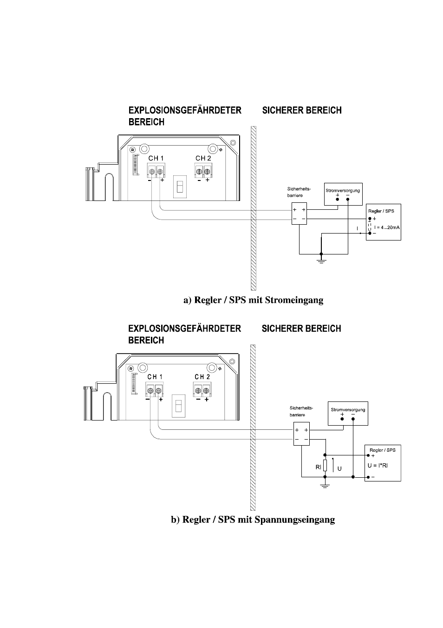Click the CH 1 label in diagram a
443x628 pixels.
click(156, 158)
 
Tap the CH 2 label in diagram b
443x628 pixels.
click(202, 377)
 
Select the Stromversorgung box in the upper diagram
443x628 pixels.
click(343, 194)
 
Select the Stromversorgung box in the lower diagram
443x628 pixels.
click(348, 414)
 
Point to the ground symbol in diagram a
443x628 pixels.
click(321, 262)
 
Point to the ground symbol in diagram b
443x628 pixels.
click(325, 486)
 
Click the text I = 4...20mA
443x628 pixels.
click(387, 227)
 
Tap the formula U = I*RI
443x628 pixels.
click(378, 465)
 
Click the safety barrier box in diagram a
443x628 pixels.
click(299, 214)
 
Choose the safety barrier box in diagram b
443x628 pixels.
click(302, 434)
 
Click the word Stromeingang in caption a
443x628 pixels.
click(294, 300)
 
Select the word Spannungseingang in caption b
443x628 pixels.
click(295, 520)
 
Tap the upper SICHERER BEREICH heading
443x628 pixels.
click(302, 110)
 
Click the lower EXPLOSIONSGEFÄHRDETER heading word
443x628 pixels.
click(185, 328)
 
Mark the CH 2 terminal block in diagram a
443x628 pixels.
click(203, 170)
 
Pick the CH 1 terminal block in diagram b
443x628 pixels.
click(155, 390)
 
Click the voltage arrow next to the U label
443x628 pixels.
click(333, 465)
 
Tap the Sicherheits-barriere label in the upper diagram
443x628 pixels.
click(299, 192)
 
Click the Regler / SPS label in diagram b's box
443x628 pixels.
click(383, 450)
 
